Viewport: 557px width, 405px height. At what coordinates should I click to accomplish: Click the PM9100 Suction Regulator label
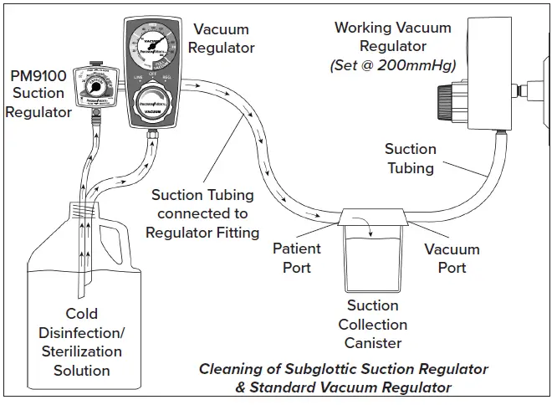(38, 93)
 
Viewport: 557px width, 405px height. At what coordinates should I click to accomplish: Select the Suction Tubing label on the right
(410, 158)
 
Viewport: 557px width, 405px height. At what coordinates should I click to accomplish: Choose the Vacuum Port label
(452, 258)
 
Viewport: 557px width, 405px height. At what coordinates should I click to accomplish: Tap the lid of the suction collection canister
(373, 219)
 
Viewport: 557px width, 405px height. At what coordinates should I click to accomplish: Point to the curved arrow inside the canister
(365, 224)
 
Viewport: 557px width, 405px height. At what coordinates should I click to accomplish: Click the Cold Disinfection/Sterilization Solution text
(82, 342)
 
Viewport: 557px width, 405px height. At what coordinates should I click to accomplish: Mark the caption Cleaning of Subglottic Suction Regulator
(343, 369)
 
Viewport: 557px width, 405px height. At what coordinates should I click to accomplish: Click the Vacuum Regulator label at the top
(221, 38)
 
